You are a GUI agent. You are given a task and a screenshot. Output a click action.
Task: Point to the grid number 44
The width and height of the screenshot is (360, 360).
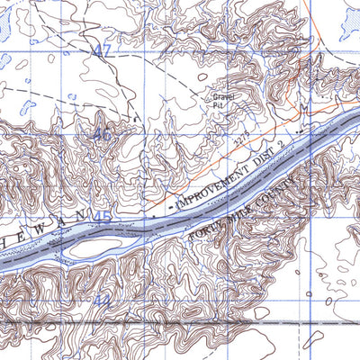pyautogui.click(x=102, y=300)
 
